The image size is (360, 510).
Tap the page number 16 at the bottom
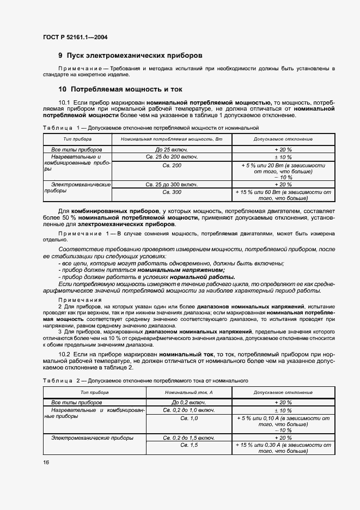46,462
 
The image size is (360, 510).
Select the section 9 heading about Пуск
130,56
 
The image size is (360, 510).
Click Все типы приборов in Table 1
77,149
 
